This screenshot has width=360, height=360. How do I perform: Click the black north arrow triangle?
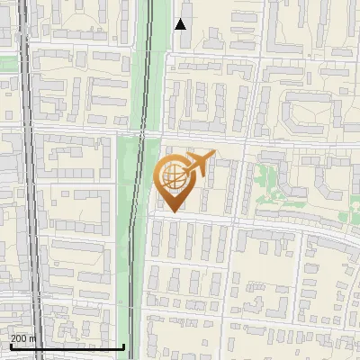click(180, 23)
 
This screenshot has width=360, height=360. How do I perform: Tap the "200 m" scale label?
click(23, 338)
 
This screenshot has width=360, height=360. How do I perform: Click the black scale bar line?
click(67, 346)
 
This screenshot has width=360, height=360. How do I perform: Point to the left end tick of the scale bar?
click(10, 345)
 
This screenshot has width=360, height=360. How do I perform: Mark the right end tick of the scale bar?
click(123, 345)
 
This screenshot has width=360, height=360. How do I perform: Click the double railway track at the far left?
click(29, 180)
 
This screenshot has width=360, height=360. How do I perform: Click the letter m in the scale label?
click(33, 338)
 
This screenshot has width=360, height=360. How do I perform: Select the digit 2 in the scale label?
click(13, 338)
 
